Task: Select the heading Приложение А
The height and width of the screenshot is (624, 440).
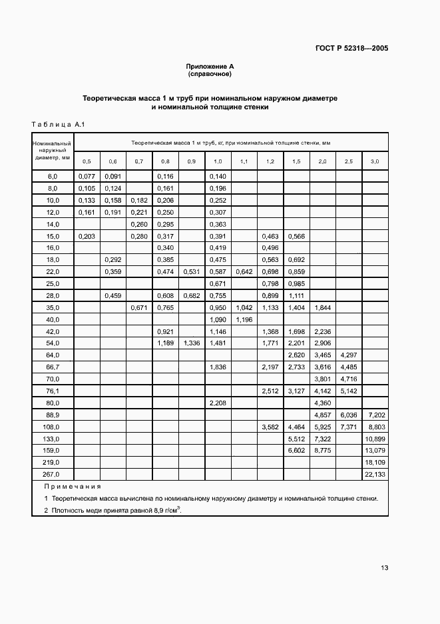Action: (210, 67)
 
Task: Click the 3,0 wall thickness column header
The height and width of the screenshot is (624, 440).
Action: (375, 162)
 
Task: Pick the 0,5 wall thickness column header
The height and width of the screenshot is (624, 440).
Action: (87, 162)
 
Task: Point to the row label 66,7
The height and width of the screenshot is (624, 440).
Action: (53, 367)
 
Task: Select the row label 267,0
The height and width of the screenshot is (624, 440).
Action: (53, 474)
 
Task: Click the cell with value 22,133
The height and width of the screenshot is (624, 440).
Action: (375, 474)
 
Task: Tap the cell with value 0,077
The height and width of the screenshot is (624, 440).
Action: (87, 176)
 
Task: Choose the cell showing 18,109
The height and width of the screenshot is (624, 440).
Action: (375, 462)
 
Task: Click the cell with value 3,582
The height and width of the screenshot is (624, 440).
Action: (270, 427)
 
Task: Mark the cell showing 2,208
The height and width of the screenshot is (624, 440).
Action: (218, 403)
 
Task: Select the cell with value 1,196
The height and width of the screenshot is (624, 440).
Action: (244, 319)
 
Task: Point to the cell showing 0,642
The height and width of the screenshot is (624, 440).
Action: (244, 271)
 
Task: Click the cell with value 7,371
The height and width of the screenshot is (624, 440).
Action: (348, 427)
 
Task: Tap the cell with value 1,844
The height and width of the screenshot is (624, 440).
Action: (322, 307)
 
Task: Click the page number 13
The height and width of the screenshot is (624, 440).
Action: (384, 568)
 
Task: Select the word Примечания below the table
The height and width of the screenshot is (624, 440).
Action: (73, 487)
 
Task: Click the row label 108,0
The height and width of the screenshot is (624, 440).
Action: (53, 427)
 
